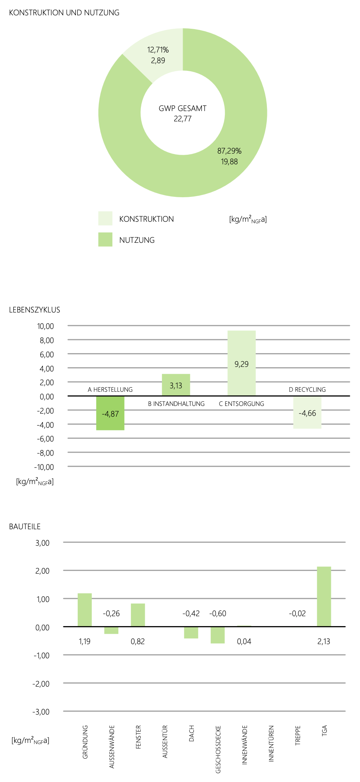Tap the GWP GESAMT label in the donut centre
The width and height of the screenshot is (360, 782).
183,108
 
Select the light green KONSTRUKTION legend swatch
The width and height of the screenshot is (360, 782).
105,218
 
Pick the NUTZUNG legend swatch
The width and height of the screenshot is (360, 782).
105,239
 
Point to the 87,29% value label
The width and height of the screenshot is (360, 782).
229,151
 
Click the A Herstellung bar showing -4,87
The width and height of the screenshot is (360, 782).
110,413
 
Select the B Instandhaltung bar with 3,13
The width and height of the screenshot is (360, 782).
176,385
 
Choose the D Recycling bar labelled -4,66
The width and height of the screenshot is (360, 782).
307,412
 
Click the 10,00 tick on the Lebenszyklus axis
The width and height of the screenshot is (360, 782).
46,326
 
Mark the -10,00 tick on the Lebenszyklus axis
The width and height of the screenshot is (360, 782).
44,467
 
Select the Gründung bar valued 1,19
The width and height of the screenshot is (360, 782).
85,610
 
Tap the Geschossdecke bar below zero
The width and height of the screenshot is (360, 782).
218,635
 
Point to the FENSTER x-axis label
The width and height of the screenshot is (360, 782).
138,737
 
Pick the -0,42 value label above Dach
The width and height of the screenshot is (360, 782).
191,613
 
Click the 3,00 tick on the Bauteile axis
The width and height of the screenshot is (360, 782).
43,543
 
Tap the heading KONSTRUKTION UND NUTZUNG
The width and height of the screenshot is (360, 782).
64,13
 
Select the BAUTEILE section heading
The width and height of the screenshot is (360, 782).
25,527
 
